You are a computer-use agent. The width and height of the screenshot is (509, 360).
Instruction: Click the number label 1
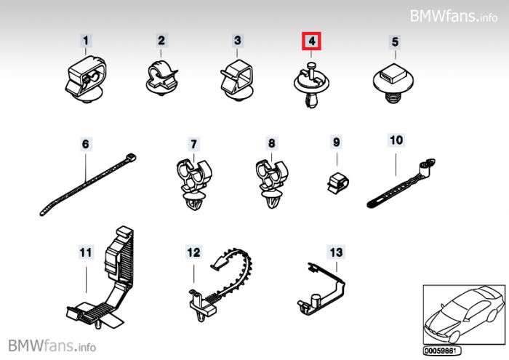pyautogui.click(x=87, y=41)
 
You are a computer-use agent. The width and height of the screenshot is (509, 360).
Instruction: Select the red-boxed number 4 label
pyautogui.click(x=311, y=41)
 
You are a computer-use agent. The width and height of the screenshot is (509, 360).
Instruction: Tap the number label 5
pyautogui.click(x=395, y=41)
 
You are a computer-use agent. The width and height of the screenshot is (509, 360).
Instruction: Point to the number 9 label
pyautogui.click(x=336, y=143)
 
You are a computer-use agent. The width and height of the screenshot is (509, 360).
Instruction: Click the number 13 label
pyautogui.click(x=335, y=252)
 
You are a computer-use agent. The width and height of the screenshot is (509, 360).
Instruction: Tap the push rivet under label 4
pyautogui.click(x=310, y=86)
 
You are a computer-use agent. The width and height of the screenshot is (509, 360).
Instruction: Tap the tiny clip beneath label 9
pyautogui.click(x=336, y=182)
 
